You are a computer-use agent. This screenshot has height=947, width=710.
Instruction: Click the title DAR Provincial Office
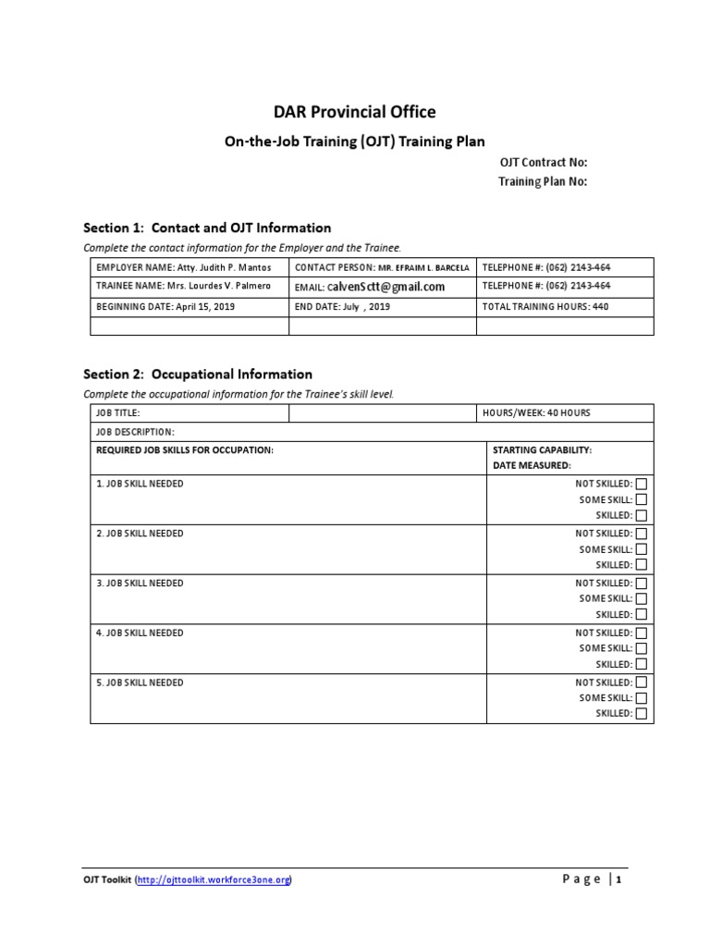click(354, 112)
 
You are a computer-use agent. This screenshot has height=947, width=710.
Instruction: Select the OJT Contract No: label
click(543, 163)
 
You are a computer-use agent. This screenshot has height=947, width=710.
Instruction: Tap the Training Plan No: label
click(543, 181)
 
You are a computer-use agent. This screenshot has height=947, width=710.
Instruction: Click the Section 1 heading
click(207, 228)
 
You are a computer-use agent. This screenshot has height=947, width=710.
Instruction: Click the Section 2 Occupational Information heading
click(198, 375)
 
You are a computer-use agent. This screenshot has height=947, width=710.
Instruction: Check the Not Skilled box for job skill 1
click(642, 484)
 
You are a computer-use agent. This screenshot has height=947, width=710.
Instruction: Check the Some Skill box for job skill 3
click(642, 599)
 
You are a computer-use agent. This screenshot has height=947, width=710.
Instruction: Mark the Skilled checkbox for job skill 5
click(642, 714)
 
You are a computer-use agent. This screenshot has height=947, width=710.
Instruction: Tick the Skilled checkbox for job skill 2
click(642, 565)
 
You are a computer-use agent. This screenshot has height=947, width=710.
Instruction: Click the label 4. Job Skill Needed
click(140, 633)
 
